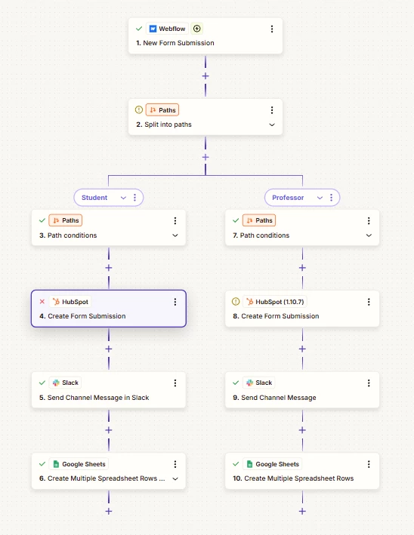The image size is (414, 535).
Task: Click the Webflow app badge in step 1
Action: (168, 29)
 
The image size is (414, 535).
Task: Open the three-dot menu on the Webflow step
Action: (272, 29)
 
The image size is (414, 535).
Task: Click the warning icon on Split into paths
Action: (139, 110)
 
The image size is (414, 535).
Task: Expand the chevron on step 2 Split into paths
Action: (272, 125)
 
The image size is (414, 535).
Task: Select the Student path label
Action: (94, 198)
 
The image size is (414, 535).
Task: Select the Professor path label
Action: (288, 198)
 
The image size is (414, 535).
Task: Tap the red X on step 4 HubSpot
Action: (42, 302)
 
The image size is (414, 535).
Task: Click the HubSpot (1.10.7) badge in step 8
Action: (275, 302)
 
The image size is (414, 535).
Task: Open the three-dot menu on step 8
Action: (369, 302)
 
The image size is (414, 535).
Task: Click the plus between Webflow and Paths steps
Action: (205, 76)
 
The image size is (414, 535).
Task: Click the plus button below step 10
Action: (302, 511)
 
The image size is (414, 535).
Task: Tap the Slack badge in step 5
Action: (66, 383)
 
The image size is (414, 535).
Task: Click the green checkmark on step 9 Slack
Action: (236, 383)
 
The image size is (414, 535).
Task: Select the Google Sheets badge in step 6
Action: (79, 464)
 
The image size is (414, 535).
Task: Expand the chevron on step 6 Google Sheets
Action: (175, 478)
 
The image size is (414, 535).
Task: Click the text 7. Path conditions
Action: (261, 235)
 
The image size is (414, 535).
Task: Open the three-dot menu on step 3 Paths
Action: (175, 221)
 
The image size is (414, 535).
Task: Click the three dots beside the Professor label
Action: (331, 198)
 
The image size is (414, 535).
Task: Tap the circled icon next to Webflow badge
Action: (196, 29)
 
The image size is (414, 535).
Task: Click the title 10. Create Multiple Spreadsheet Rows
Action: (293, 478)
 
